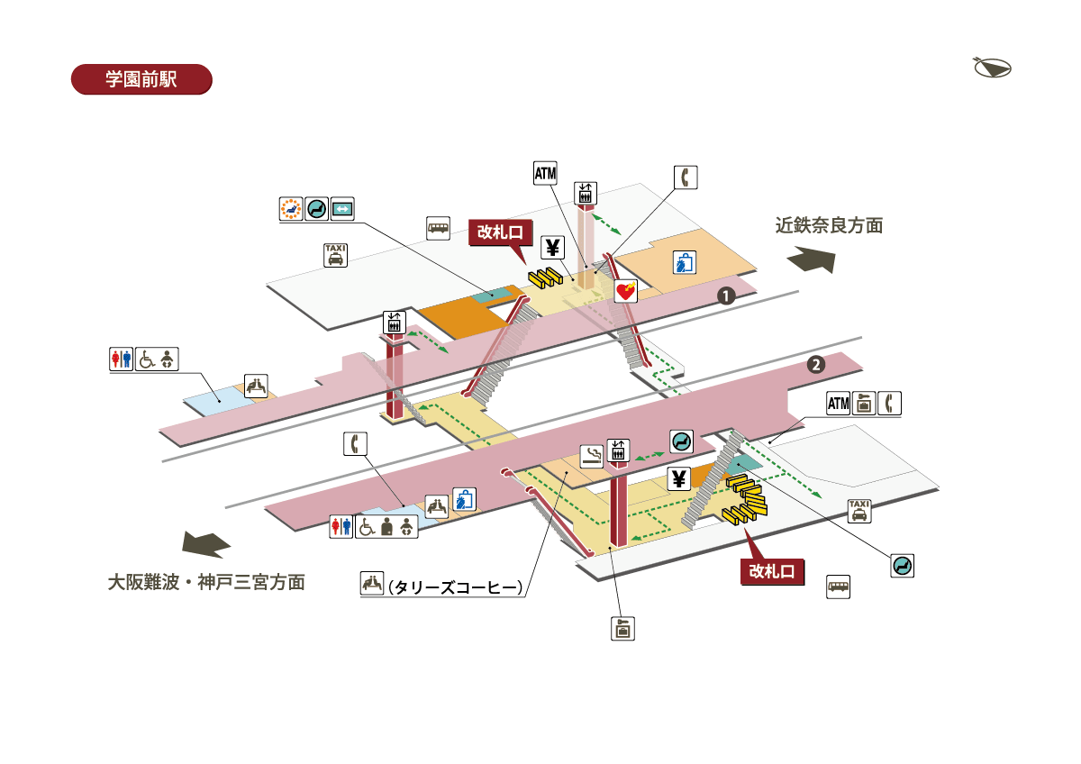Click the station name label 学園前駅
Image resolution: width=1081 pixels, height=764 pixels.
141,79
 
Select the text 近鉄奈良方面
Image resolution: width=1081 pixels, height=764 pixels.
829,226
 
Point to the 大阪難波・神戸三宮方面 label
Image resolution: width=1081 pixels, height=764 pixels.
206,582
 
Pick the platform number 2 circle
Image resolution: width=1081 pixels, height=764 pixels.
815,365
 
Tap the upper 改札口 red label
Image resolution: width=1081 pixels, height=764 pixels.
502,232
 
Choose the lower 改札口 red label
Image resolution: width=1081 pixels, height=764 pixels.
771,571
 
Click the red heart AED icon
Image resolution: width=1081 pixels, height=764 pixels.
626,291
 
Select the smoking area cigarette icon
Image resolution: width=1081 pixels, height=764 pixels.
592,455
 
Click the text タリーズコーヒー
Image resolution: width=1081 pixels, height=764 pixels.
455,587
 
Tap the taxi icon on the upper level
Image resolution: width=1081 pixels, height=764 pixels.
335,255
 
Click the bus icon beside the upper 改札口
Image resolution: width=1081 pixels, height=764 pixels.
438,227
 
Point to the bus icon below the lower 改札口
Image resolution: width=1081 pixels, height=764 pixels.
839,587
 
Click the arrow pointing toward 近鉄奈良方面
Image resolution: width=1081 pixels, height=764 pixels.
811,261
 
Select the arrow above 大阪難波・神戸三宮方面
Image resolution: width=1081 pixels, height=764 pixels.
206,544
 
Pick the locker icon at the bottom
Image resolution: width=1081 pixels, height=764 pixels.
622,628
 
